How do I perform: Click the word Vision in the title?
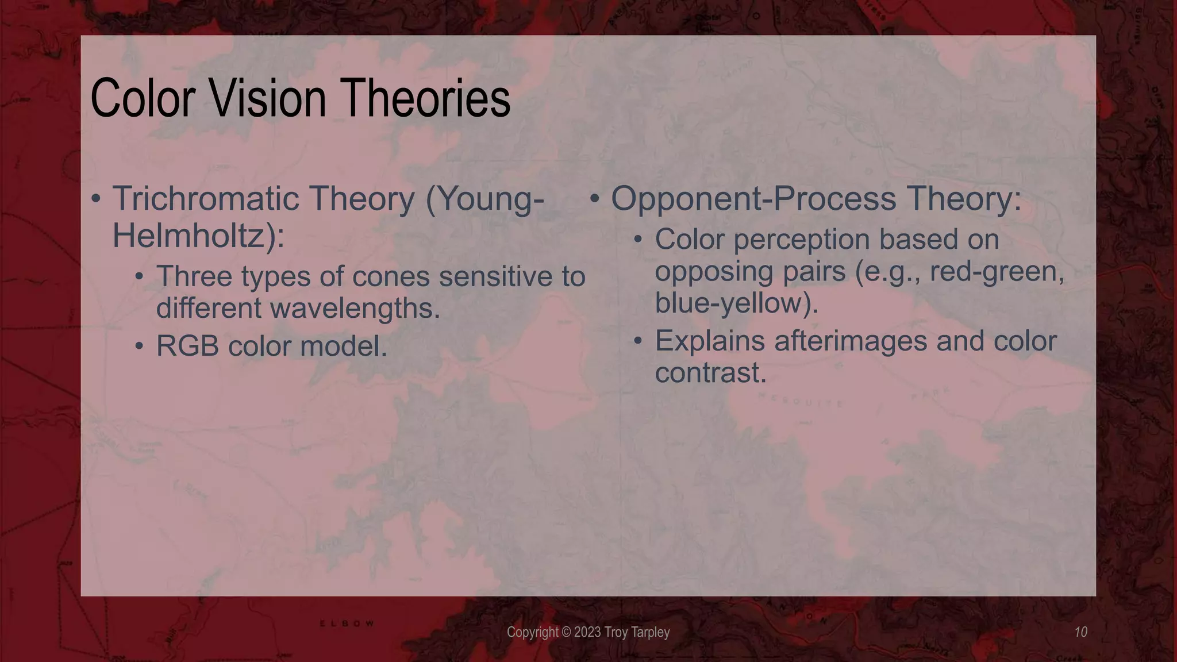pyautogui.click(x=267, y=99)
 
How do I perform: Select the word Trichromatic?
pyautogui.click(x=205, y=199)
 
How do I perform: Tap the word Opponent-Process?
pyautogui.click(x=753, y=199)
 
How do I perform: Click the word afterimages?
pyautogui.click(x=850, y=341)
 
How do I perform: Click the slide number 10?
pyautogui.click(x=1080, y=632)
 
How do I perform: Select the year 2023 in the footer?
pyautogui.click(x=587, y=633)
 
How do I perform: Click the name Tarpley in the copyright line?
pyautogui.click(x=651, y=633)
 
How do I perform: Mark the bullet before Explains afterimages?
pyautogui.click(x=638, y=341)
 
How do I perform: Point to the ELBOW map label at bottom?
pyautogui.click(x=347, y=623)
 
